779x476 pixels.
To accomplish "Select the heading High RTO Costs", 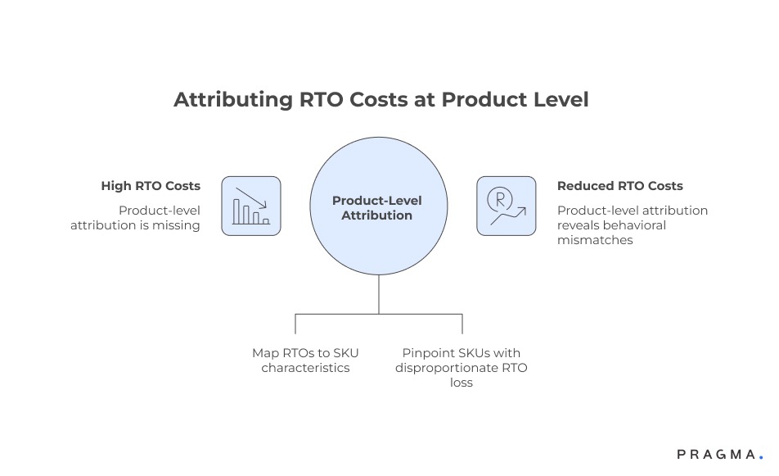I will (x=151, y=186).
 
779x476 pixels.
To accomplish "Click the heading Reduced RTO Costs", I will (x=619, y=186).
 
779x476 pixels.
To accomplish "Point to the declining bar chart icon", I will (x=250, y=206).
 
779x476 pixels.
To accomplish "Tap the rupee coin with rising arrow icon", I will (x=507, y=206).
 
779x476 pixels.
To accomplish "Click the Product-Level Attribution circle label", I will (x=377, y=208).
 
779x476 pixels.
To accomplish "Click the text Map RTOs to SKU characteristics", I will (x=305, y=360).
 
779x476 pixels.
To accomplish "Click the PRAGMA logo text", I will (x=714, y=455).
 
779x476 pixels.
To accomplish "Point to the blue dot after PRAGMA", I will (x=761, y=457).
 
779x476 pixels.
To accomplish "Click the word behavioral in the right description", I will (x=637, y=225).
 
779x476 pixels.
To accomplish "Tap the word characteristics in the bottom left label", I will (x=305, y=368).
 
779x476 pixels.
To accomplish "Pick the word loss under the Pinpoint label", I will (x=462, y=383).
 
